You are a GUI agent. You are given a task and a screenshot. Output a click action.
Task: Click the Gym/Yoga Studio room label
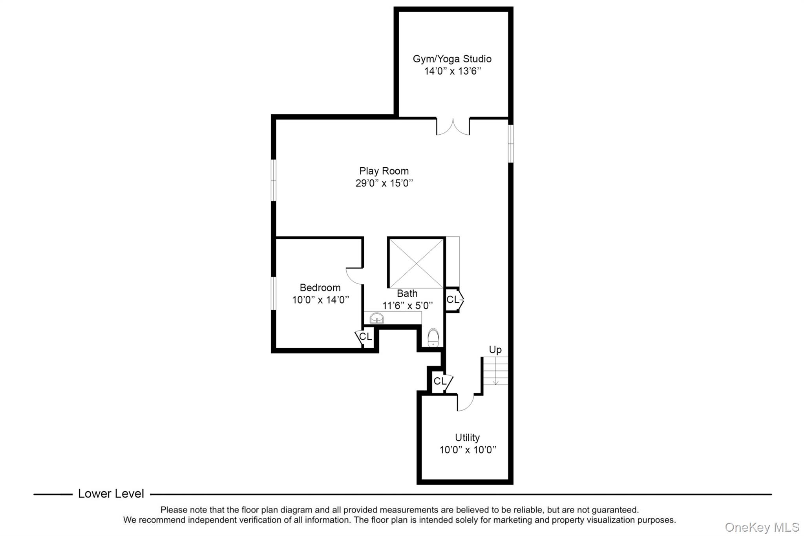(452, 59)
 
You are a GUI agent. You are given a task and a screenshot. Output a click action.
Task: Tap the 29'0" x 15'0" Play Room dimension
(384, 183)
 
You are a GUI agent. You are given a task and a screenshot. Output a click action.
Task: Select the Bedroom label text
(320, 287)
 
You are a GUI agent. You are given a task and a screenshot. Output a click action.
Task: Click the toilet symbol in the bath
(433, 338)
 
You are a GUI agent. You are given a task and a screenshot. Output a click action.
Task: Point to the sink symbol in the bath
(376, 318)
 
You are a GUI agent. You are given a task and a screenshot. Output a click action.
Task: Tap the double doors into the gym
(453, 126)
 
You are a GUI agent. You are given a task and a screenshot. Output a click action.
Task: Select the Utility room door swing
(466, 403)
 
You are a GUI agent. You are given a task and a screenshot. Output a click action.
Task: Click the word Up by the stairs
(495, 349)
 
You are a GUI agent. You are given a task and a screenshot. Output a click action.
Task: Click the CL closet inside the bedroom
(365, 337)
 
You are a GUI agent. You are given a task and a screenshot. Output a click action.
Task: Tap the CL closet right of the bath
(453, 300)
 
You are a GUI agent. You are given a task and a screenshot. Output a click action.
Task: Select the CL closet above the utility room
(440, 381)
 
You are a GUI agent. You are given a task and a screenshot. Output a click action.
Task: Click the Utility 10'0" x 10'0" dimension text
(468, 450)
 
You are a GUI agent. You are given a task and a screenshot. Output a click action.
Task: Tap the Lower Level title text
(111, 494)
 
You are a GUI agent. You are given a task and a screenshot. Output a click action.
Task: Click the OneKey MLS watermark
(762, 527)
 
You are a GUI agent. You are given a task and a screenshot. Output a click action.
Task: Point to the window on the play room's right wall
(511, 143)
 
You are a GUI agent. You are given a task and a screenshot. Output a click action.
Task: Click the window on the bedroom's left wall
(274, 293)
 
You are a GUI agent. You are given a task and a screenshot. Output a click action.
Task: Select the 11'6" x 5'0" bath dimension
(407, 306)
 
